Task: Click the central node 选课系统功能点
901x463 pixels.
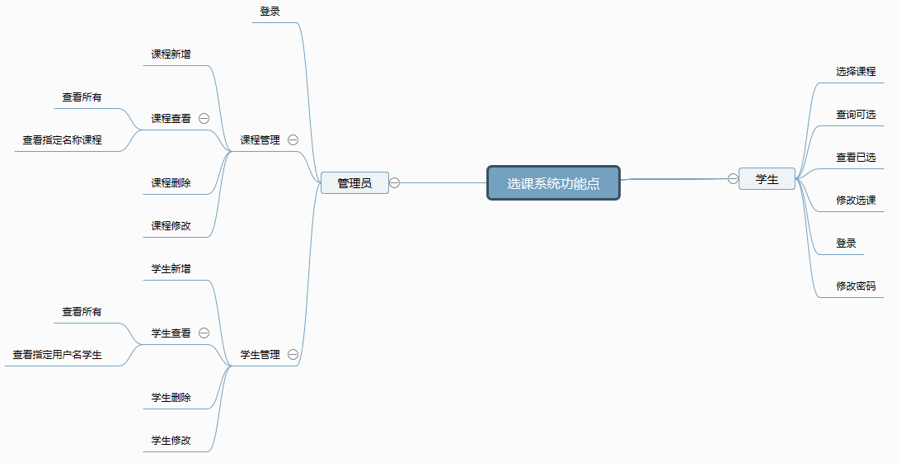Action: point(553,183)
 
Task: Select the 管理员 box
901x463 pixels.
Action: point(354,183)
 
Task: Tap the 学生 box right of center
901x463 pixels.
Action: point(767,179)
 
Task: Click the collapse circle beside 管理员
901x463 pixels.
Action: point(395,183)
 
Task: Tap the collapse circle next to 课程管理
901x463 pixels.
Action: point(293,139)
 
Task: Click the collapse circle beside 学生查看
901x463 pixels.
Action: point(204,333)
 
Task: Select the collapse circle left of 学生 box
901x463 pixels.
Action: point(733,179)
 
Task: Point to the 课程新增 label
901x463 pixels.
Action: point(171,54)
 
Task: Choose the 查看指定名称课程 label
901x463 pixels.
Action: point(62,139)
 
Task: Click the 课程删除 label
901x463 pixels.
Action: point(171,183)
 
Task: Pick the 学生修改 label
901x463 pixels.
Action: point(171,441)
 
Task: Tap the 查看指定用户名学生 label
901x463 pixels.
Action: point(58,355)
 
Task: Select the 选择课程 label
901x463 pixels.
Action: point(856,71)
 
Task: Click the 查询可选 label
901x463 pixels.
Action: point(856,115)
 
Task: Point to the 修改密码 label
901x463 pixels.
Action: point(856,286)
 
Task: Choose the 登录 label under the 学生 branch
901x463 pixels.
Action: point(847,243)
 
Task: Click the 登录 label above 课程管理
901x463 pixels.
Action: point(270,11)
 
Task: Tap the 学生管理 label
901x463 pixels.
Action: point(260,355)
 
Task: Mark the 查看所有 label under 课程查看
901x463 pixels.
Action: point(82,97)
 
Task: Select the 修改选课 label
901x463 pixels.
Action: point(856,201)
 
